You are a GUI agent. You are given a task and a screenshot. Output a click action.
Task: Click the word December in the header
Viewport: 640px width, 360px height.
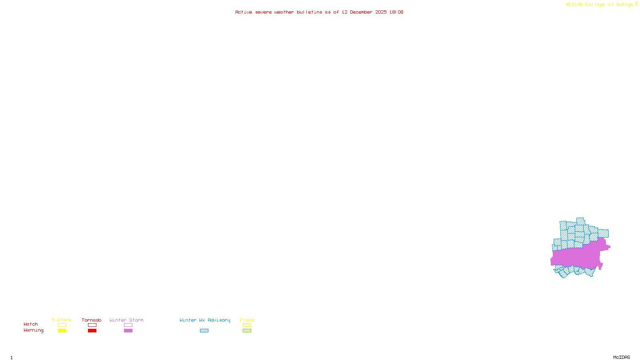[x=361, y=12]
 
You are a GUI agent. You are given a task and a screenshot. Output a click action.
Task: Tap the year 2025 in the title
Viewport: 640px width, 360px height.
[x=381, y=12]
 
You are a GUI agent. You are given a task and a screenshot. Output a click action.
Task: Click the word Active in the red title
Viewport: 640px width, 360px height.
[x=244, y=12]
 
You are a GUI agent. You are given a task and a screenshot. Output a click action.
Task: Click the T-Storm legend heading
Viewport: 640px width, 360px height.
[x=62, y=320]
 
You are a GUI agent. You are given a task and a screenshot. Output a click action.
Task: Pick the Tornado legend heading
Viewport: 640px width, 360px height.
[x=92, y=320]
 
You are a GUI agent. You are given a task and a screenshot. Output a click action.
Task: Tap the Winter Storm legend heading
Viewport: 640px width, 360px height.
[x=126, y=320]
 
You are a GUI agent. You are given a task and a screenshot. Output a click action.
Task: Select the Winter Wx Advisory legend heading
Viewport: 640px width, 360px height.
[x=205, y=320]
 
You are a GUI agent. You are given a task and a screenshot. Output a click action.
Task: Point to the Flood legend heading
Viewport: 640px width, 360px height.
[x=247, y=320]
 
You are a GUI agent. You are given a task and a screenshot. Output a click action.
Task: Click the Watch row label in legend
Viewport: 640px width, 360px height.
[x=31, y=324]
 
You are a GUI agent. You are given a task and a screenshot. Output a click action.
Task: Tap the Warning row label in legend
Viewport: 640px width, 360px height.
[x=33, y=330]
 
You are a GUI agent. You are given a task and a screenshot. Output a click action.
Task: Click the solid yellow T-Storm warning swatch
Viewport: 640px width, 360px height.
[x=62, y=331]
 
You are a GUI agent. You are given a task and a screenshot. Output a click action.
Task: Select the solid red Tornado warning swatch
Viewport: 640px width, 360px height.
[x=92, y=331]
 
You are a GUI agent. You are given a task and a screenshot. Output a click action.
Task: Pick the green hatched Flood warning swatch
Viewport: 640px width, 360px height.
[x=247, y=331]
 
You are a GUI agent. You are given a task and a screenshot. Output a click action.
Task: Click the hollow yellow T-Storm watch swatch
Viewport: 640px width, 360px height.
[x=62, y=325]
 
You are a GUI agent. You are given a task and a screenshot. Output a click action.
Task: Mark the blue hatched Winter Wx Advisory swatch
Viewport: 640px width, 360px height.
[x=204, y=331]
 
